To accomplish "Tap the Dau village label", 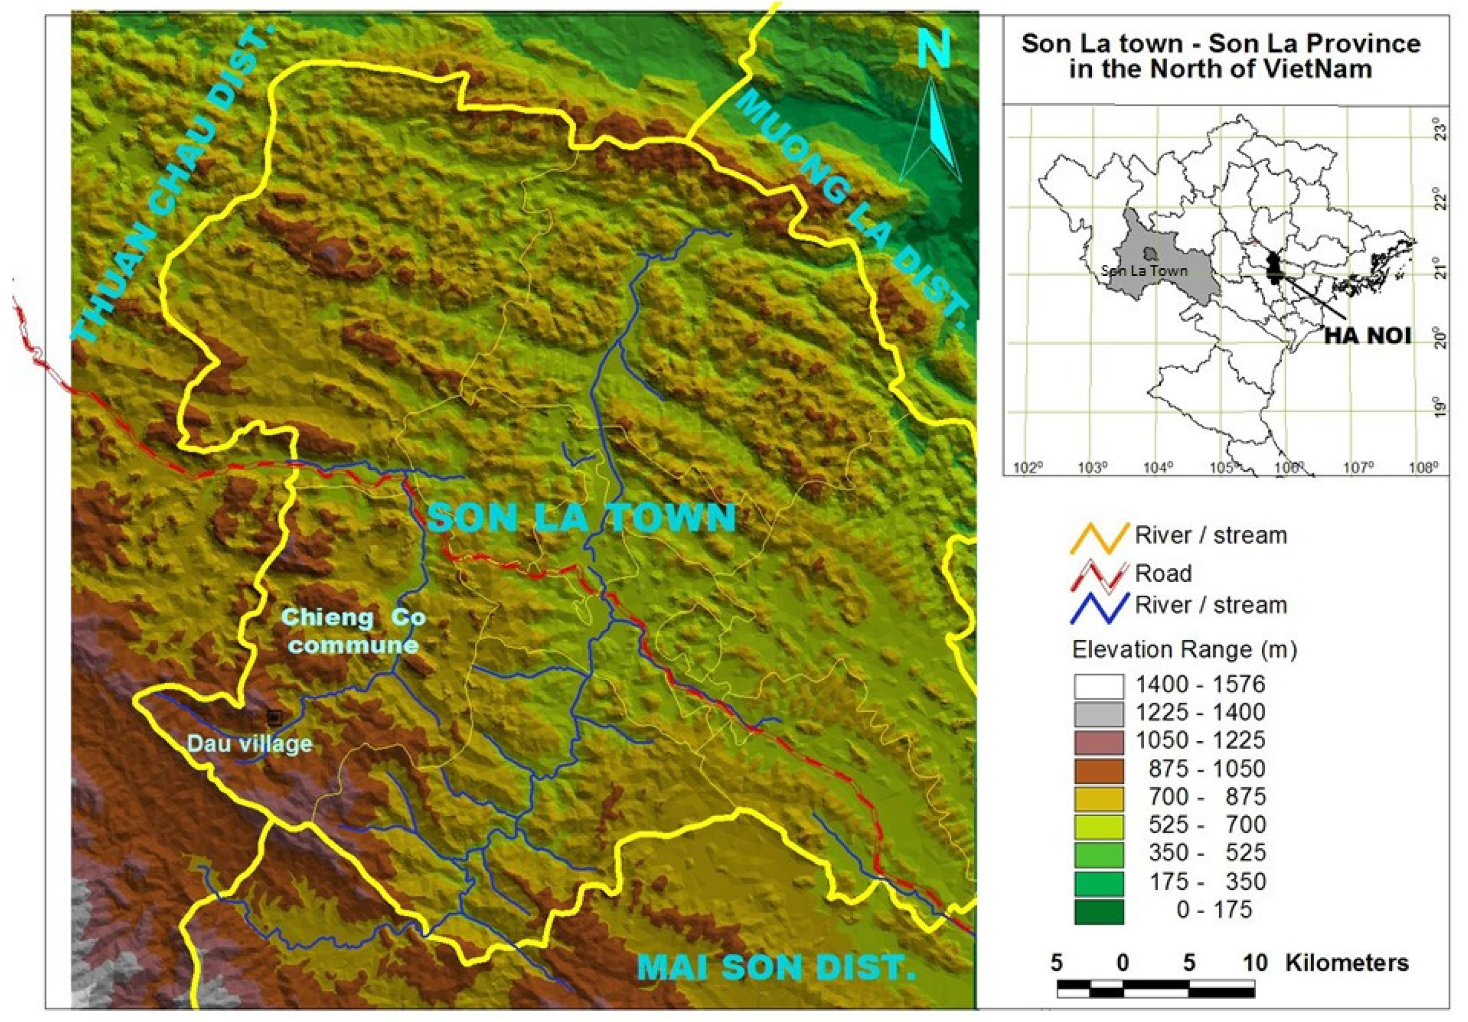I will tap(249, 743).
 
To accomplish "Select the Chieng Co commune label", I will tap(354, 631).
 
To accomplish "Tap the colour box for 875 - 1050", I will tap(1099, 769).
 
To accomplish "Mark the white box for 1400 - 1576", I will tap(1099, 686).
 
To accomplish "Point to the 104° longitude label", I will tap(1158, 468).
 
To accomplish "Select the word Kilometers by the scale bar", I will tap(1346, 963).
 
